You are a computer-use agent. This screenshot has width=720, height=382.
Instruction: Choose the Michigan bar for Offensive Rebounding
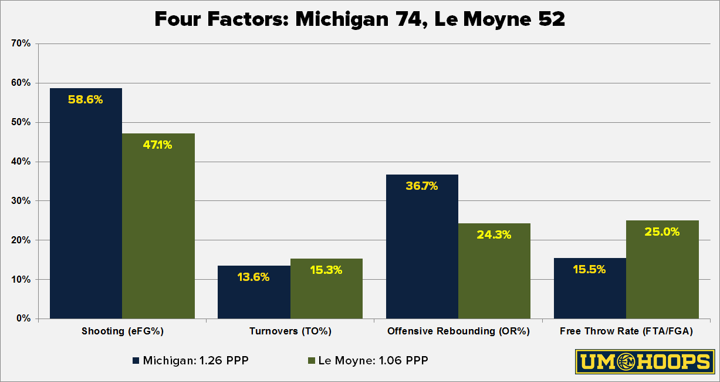pos(421,247)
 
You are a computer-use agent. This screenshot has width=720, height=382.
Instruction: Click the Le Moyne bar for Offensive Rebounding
pos(494,271)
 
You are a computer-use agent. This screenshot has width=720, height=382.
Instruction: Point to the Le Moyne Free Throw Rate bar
pos(662,270)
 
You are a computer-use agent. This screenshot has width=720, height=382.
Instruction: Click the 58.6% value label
pos(86,100)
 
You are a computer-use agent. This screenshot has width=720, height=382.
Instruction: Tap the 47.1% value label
pos(158,145)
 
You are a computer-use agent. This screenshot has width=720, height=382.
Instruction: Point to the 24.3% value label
pos(494,234)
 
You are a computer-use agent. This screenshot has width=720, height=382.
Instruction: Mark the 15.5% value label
pos(589,270)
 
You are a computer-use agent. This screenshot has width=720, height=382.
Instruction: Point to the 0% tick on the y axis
pos(24,319)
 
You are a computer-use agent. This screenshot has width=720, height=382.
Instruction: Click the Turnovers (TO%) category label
pos(290,331)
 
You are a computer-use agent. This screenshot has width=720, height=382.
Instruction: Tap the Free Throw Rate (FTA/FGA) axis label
pos(626,331)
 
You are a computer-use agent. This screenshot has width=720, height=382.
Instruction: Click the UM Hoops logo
pos(644,361)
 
